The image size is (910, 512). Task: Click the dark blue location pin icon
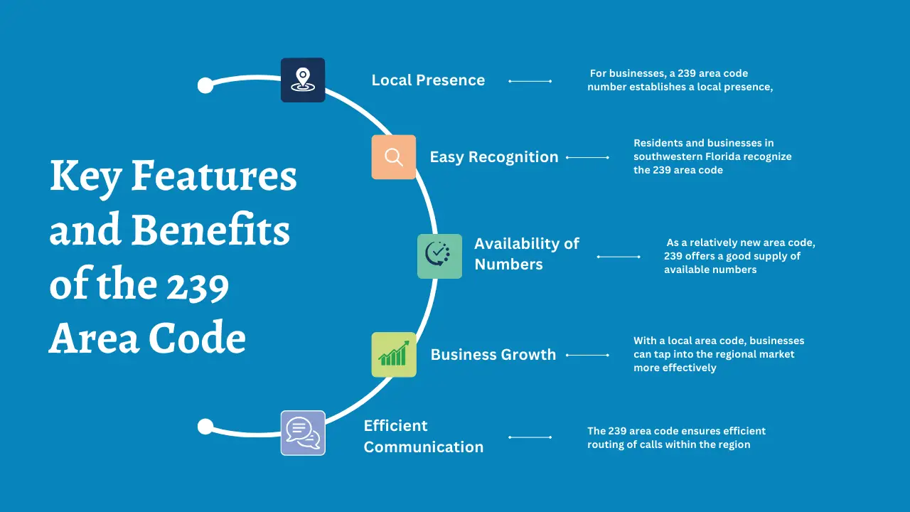tap(303, 80)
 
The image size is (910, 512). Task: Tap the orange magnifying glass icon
tap(393, 157)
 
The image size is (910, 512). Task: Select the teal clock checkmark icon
tap(439, 256)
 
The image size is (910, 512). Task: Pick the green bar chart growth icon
tap(393, 354)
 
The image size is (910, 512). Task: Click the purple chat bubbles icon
tap(303, 432)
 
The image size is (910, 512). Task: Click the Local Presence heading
tap(428, 80)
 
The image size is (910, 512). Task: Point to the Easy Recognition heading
tap(494, 157)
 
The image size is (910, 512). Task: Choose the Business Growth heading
tap(493, 354)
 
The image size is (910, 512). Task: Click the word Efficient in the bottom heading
tap(395, 425)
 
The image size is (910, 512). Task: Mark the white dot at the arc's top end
tap(205, 85)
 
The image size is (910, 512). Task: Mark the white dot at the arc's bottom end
tap(205, 427)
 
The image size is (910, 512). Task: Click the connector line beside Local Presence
tap(530, 81)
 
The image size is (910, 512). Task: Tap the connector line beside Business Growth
tap(587, 355)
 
